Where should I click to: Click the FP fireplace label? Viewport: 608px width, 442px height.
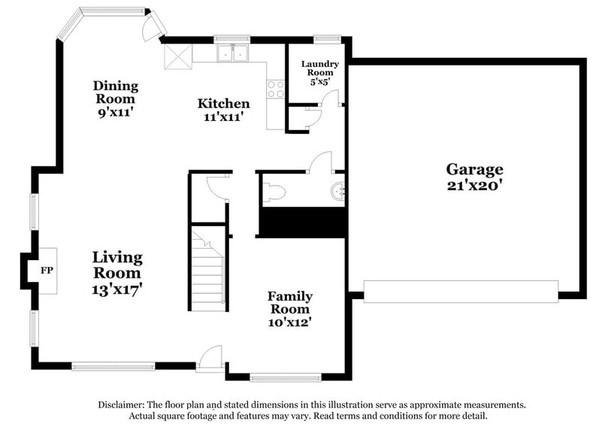pyautogui.click(x=46, y=270)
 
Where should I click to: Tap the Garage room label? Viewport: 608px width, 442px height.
pyautogui.click(x=474, y=169)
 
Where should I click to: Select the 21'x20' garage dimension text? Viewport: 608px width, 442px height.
pyautogui.click(x=474, y=185)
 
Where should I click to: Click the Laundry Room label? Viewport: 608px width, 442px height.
pyautogui.click(x=320, y=69)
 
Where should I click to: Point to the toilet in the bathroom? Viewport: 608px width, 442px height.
pyautogui.click(x=274, y=192)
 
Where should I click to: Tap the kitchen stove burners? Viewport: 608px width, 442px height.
pyautogui.click(x=277, y=89)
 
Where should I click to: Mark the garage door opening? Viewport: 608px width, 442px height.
pyautogui.click(x=461, y=291)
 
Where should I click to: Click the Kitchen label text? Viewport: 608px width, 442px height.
pyautogui.click(x=223, y=104)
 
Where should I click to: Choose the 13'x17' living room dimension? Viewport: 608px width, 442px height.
pyautogui.click(x=117, y=287)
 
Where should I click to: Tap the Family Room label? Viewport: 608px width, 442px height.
pyautogui.click(x=290, y=302)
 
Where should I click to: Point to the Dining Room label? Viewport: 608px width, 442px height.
pyautogui.click(x=115, y=92)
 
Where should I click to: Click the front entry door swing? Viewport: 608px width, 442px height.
pyautogui.click(x=213, y=356)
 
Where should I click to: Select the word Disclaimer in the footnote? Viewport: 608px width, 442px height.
pyautogui.click(x=123, y=404)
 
